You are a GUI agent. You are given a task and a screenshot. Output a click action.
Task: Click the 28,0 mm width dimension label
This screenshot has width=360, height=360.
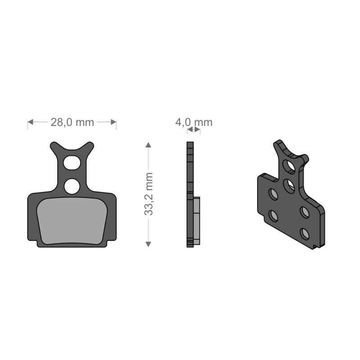pyautogui.click(x=72, y=122)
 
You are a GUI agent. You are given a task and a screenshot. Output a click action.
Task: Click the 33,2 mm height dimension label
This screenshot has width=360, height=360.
pyautogui.click(x=149, y=194)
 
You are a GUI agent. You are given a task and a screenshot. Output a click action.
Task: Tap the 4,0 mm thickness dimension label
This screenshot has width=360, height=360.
pyautogui.click(x=193, y=122)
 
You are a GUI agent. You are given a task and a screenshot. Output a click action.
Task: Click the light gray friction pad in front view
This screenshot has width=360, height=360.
pyautogui.click(x=72, y=221)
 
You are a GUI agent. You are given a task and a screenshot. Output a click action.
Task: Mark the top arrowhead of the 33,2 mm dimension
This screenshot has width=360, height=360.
pyautogui.click(x=148, y=145)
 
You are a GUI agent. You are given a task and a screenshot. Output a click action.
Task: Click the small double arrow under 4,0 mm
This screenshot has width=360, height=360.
pyautogui.click(x=193, y=130)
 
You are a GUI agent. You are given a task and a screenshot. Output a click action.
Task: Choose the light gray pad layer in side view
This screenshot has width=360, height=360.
pyautogui.click(x=197, y=220)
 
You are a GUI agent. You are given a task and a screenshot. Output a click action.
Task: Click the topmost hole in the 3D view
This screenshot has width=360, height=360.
pyautogui.click(x=290, y=167)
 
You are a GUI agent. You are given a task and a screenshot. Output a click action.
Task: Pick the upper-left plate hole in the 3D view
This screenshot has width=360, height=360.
pyautogui.click(x=273, y=194)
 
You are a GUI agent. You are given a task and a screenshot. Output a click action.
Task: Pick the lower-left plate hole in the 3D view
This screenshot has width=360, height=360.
pyautogui.click(x=273, y=216)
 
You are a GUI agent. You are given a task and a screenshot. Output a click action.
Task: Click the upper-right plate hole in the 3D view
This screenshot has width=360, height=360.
pyautogui.click(x=305, y=212)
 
